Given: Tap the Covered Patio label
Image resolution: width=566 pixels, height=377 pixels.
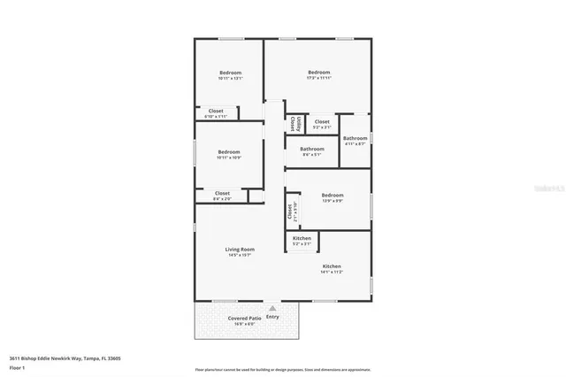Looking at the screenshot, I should [244, 318].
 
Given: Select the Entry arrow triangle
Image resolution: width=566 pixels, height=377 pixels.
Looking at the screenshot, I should [272, 309].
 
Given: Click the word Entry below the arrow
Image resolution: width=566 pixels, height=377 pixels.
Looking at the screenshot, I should [272, 317].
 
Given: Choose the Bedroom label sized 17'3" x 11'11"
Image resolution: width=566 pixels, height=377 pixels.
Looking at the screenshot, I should [318, 72].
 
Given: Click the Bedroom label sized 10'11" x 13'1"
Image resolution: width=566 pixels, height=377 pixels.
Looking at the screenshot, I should [230, 73].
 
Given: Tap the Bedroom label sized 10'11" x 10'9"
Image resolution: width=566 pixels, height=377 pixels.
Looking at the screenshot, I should [229, 151].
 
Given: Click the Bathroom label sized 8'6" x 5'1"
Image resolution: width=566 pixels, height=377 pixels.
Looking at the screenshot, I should [312, 149].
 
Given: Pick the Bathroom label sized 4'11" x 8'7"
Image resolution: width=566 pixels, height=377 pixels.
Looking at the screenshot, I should [356, 138].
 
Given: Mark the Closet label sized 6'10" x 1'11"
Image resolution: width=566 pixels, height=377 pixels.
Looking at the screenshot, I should [216, 111].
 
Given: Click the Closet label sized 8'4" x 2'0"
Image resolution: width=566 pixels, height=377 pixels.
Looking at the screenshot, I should [222, 193].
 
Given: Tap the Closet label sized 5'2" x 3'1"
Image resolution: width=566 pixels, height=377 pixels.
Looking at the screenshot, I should [322, 122].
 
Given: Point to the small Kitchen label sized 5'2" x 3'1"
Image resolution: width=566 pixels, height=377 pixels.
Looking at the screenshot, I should [302, 238].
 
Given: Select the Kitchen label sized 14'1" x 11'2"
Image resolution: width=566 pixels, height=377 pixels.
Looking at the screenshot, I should [332, 266].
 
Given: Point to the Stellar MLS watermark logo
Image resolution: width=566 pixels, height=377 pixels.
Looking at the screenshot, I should [549, 188].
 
